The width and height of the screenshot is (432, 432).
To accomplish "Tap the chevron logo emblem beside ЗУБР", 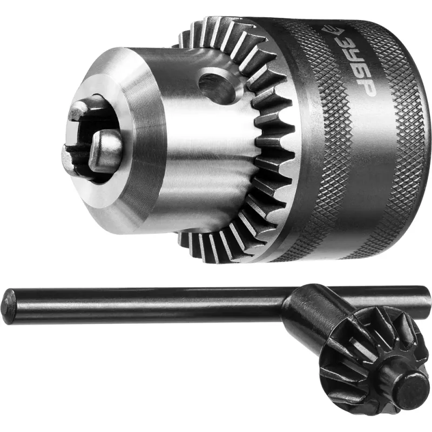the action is pyautogui.click(x=329, y=30).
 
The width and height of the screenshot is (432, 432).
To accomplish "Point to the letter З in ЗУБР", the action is pyautogui.click(x=343, y=43).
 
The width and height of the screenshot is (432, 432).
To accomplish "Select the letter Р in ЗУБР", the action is pyautogui.click(x=367, y=88).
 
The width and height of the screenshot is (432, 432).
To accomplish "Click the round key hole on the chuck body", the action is pyautogui.click(x=218, y=85).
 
